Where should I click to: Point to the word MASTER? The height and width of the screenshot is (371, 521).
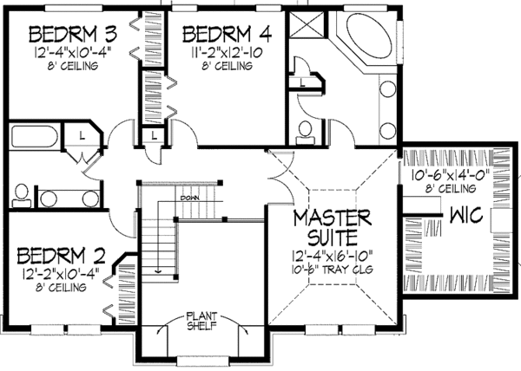[x=333, y=215]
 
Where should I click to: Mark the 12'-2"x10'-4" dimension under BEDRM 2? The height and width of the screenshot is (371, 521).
[x=60, y=274]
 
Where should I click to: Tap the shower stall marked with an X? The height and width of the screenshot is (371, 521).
[x=305, y=22]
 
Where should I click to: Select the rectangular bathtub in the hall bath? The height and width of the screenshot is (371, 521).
[x=34, y=137]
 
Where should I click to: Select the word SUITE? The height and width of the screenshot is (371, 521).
[x=333, y=235]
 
